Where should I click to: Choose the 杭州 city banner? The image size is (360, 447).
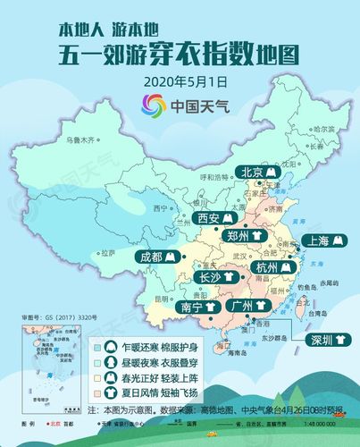pyautogui.click(x=272, y=267)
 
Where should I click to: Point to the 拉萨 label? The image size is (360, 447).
pyautogui.click(x=107, y=253)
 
